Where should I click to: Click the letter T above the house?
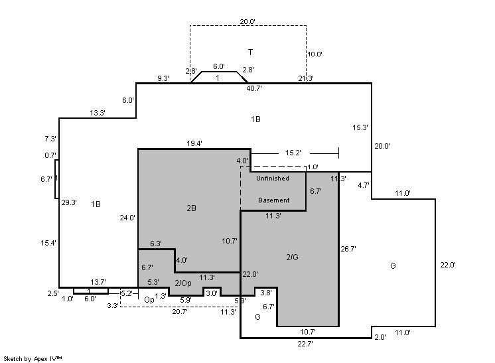(x=250, y=52)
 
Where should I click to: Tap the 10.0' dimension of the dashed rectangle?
(x=314, y=54)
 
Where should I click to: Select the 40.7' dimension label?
(x=254, y=88)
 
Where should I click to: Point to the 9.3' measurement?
(x=163, y=78)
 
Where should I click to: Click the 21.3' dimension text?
(x=306, y=78)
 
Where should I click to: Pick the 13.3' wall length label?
(x=98, y=113)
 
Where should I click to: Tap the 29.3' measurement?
(x=69, y=202)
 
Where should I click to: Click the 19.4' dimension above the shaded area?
(x=194, y=143)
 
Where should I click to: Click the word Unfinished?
(x=273, y=179)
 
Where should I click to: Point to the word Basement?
(x=274, y=200)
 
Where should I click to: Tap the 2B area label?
(x=191, y=208)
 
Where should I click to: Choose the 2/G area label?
(x=293, y=256)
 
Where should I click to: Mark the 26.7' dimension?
(x=348, y=250)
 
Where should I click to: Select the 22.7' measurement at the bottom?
(x=306, y=344)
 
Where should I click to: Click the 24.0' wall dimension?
(x=127, y=217)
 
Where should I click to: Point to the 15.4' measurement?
(x=48, y=244)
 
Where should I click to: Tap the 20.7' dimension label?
(x=180, y=311)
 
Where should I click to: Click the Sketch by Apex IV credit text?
(x=33, y=358)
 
